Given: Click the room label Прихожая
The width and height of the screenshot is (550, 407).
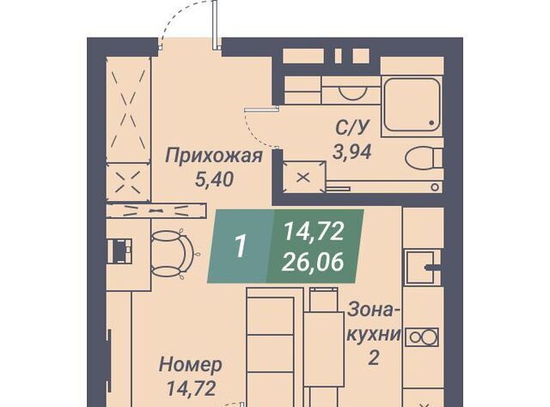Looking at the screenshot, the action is tap(214, 156).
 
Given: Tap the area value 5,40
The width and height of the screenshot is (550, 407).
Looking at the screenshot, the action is tap(214, 180).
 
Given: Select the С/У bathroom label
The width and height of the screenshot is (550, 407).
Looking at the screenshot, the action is tap(352, 128).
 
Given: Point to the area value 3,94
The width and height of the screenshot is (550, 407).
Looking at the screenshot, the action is tap(351, 152).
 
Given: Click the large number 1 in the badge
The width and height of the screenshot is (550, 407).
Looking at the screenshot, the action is tap(241, 246).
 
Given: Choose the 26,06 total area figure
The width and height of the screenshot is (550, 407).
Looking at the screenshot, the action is tap(313, 262).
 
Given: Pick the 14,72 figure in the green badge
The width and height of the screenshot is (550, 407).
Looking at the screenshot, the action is tap(314, 232).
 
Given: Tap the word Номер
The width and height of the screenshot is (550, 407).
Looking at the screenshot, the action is tap(191, 365).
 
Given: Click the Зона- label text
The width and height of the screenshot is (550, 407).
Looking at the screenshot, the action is tap(373, 311).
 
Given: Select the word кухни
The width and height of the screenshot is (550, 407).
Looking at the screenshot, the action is tap(374, 335).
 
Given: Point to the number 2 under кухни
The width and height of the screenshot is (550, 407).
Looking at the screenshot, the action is tap(374, 358).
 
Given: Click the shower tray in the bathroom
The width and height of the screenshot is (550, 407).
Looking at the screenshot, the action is tap(412, 105).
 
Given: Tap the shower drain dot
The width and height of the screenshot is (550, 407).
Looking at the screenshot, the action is tap(431, 123).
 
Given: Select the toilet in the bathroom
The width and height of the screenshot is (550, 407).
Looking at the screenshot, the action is tap(424, 159).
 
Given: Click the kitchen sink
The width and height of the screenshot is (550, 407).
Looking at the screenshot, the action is tap(420, 267).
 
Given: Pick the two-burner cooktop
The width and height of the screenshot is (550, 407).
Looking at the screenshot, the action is tap(422, 337).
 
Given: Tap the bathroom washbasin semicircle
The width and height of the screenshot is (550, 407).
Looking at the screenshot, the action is tap(353, 94).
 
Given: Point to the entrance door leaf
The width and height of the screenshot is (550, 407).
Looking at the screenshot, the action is tap(215, 23).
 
